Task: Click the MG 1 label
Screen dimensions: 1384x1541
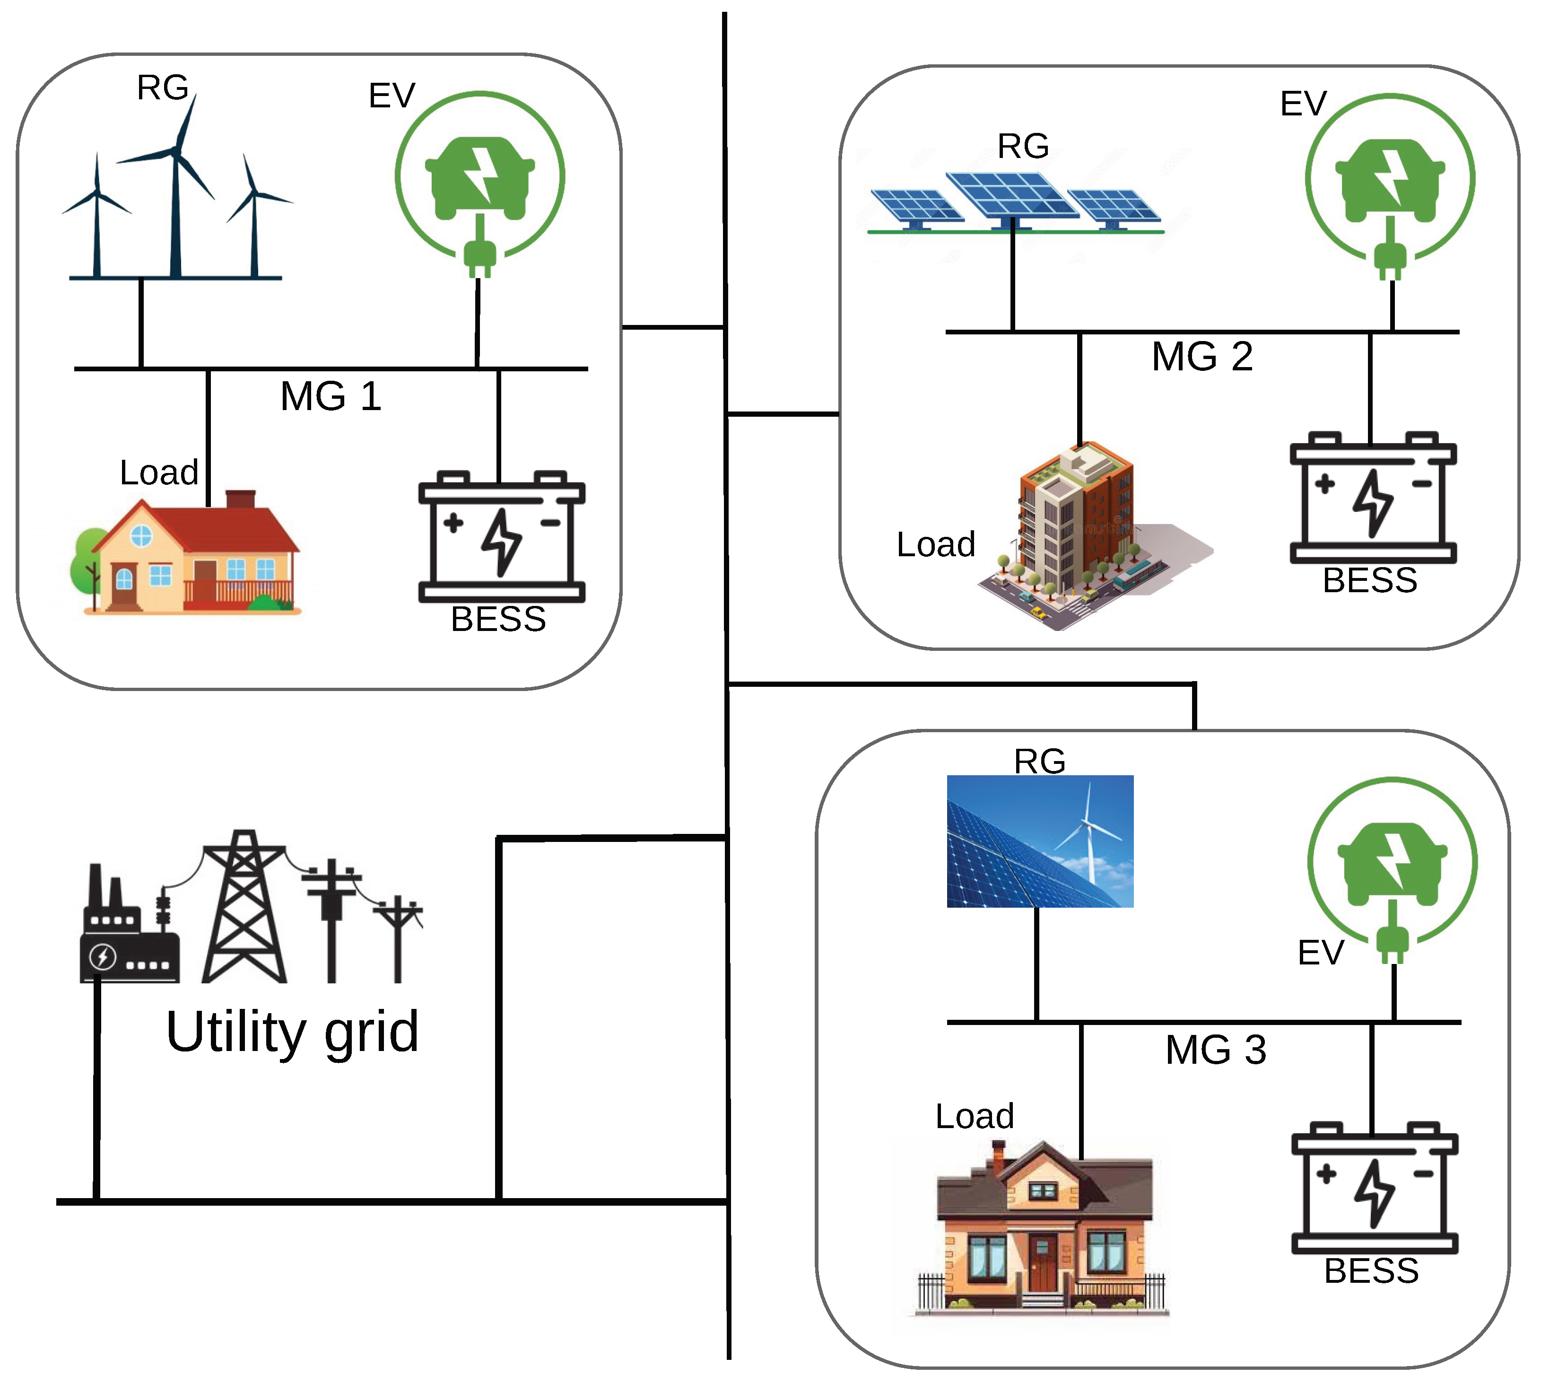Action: [x=331, y=396]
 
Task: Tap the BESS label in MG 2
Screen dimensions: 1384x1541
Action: [x=1370, y=581]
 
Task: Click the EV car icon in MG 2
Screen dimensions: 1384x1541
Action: [x=1390, y=181]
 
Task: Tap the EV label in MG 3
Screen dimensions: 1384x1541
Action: [x=1321, y=953]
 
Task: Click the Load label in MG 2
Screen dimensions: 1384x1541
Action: [x=935, y=544]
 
